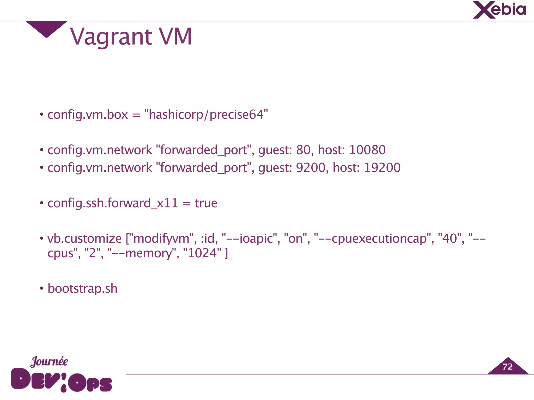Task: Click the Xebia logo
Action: pyautogui.click(x=499, y=10)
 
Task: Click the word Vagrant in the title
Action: pyautogui.click(x=111, y=37)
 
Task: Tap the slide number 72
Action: pyautogui.click(x=507, y=367)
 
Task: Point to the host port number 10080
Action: pyautogui.click(x=367, y=150)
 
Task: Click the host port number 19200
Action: pyautogui.click(x=382, y=168)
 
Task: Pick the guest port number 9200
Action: pyautogui.click(x=311, y=168)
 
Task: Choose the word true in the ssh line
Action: pyautogui.click(x=206, y=203)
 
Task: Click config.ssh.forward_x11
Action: pyautogui.click(x=113, y=203)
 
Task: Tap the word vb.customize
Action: pyautogui.click(x=84, y=239)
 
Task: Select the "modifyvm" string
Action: pyautogui.click(x=161, y=239)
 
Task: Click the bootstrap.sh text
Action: pyautogui.click(x=82, y=289)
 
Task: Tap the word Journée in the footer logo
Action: pyautogui.click(x=49, y=361)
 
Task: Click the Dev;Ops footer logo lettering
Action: pyautogui.click(x=62, y=380)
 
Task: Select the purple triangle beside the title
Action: pyautogui.click(x=46, y=28)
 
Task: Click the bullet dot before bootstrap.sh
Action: pyautogui.click(x=41, y=289)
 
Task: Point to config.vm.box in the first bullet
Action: pyautogui.click(x=88, y=115)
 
